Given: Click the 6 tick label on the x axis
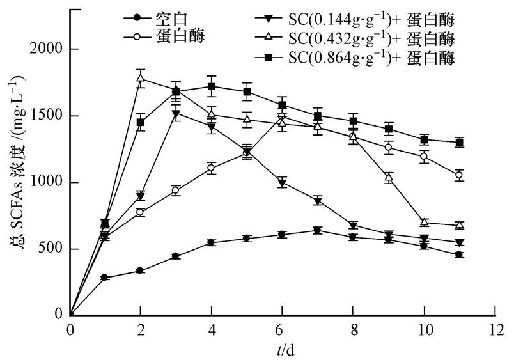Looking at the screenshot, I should coord(283,330).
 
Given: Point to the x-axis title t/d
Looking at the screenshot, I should coord(283,349).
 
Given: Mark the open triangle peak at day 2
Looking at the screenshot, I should coord(141,79).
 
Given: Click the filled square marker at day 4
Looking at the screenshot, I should coord(211,86).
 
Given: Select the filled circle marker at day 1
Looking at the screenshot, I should coord(105,278).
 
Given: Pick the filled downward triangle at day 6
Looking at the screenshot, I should coord(282,183).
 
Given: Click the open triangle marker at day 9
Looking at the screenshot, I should coord(389,177).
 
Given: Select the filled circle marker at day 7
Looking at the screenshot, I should coord(317,230).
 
